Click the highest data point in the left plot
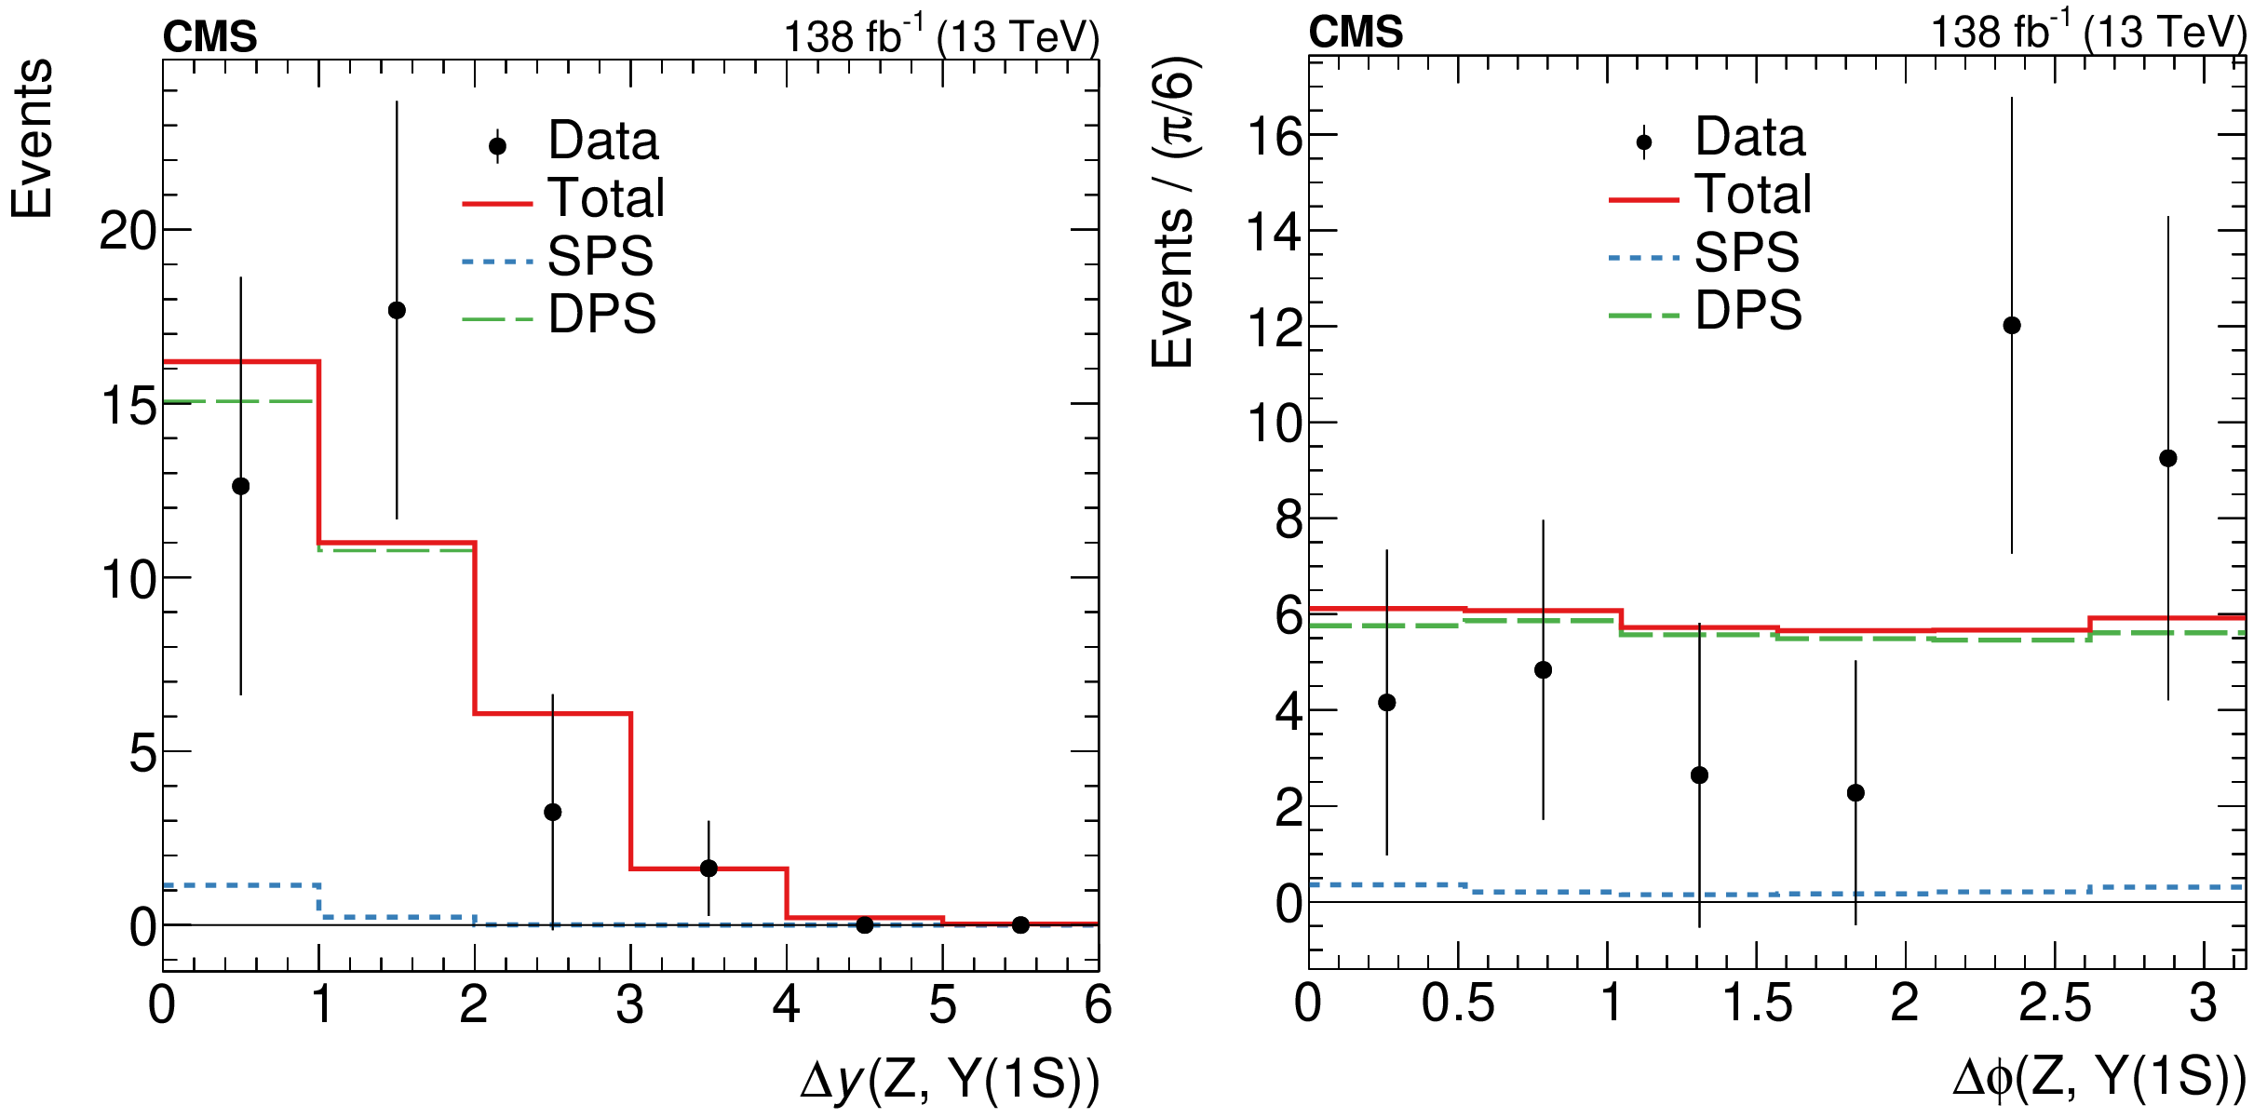tap(397, 310)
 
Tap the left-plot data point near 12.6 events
tap(241, 486)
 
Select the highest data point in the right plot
tap(2012, 325)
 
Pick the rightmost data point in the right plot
tap(2168, 458)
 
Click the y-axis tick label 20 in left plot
tap(128, 231)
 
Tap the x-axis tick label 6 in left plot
tap(1098, 1005)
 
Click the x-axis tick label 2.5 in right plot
tap(2055, 1004)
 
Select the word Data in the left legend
tap(603, 141)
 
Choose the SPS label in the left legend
tap(600, 256)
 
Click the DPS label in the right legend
tap(1748, 310)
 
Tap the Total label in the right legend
tap(1753, 195)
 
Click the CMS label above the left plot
tap(210, 37)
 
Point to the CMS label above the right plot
tap(1356, 33)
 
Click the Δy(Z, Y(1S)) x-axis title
tap(950, 1081)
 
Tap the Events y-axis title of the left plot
tap(33, 140)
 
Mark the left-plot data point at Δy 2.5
tap(553, 812)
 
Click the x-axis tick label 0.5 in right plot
tap(1457, 1004)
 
